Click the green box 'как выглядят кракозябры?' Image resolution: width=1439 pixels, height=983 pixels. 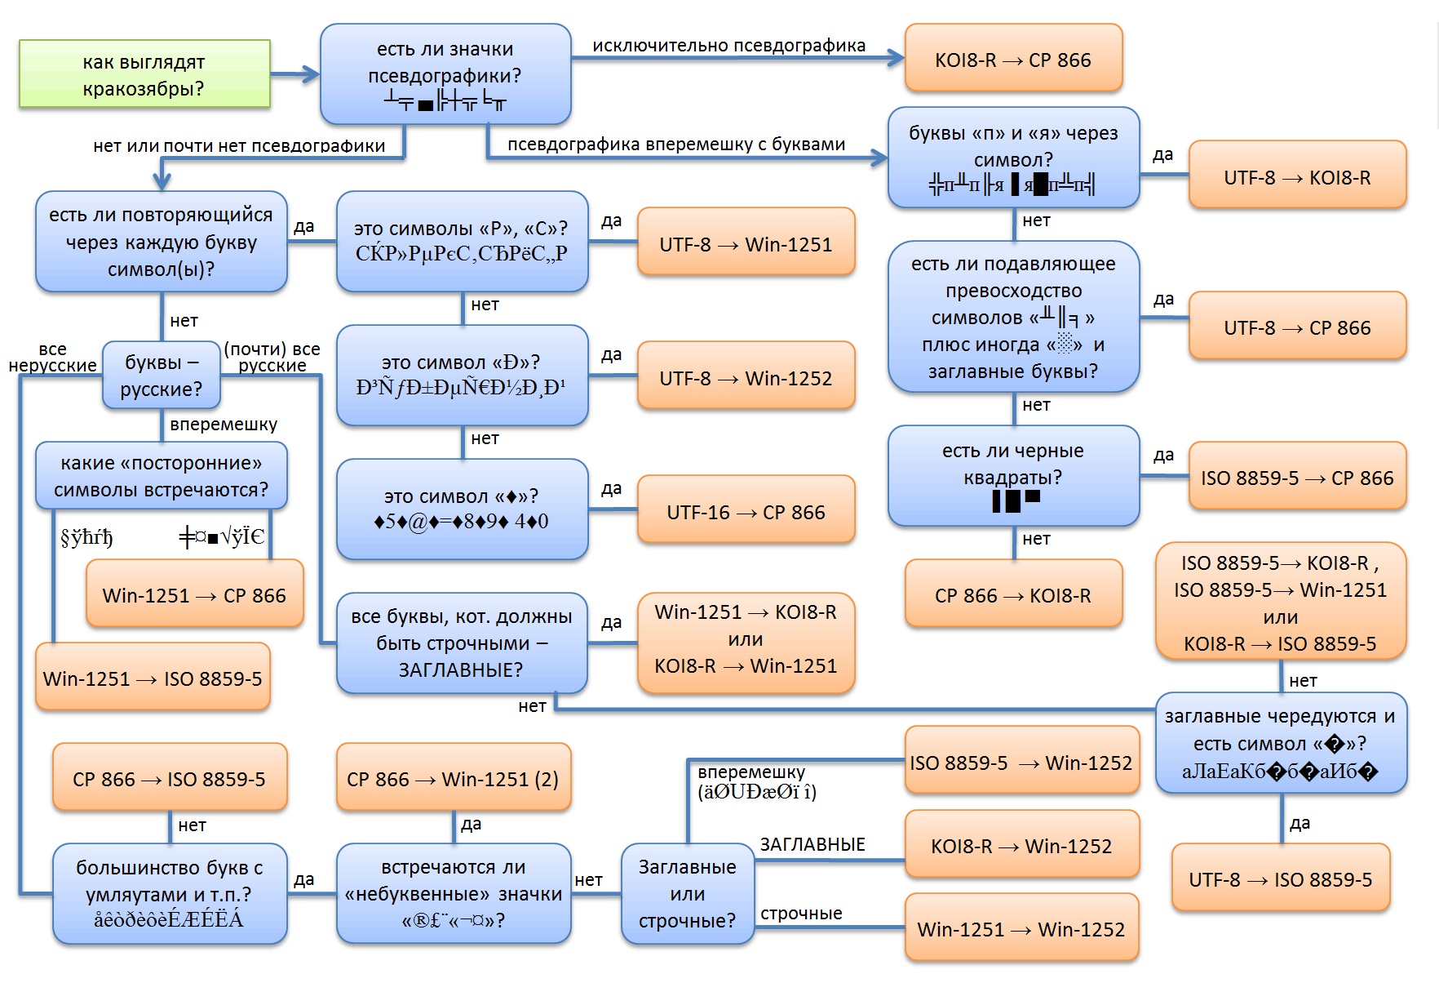(144, 74)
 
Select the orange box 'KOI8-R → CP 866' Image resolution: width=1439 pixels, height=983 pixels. (1013, 58)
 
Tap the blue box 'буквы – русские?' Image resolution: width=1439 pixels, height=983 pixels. (162, 375)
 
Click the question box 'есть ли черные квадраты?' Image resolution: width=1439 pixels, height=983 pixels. (1013, 476)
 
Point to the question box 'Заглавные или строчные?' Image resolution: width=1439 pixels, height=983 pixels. (687, 894)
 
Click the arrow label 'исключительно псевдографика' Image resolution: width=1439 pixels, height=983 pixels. (728, 46)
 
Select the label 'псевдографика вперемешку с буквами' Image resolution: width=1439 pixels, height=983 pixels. (676, 145)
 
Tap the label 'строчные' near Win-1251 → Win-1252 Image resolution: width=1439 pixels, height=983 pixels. (801, 913)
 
